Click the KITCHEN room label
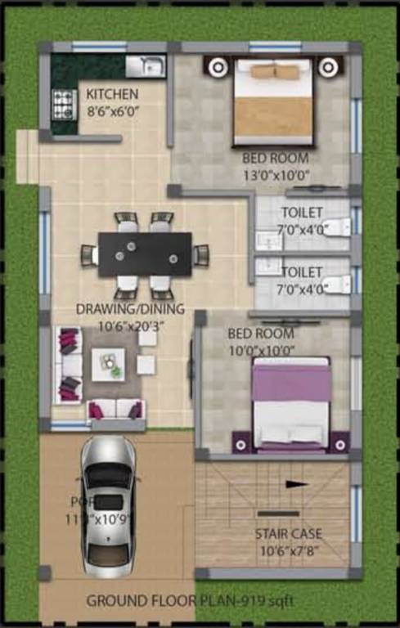click(112, 94)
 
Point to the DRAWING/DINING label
click(130, 309)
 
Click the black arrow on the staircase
click(297, 484)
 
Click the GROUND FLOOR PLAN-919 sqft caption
click(190, 602)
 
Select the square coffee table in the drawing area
click(109, 364)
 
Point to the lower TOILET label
click(301, 271)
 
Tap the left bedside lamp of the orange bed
click(218, 66)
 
